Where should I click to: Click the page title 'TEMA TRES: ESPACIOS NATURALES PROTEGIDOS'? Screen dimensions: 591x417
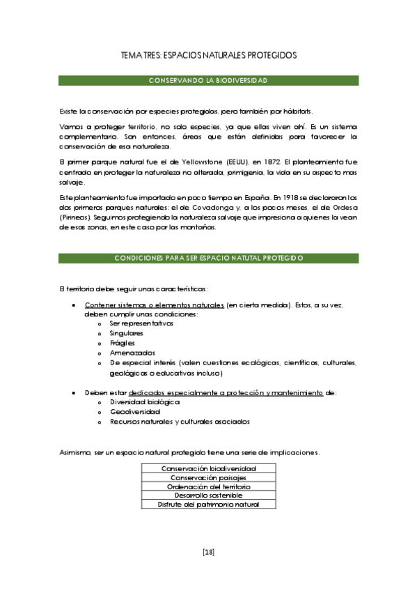click(x=208, y=54)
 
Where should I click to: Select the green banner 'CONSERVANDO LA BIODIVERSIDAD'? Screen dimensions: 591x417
click(x=208, y=81)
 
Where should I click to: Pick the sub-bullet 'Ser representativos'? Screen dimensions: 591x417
click(x=141, y=323)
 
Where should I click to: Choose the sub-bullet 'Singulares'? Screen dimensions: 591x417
click(x=127, y=333)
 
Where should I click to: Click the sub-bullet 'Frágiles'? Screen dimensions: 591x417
click(x=123, y=343)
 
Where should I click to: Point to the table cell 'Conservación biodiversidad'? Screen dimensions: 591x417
click(x=208, y=468)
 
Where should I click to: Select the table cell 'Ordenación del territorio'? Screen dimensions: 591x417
click(x=208, y=486)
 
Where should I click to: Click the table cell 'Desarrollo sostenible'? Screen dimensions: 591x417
click(x=208, y=496)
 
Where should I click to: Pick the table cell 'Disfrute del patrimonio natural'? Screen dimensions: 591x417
click(x=208, y=505)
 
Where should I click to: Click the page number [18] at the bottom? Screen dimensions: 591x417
click(x=208, y=552)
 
